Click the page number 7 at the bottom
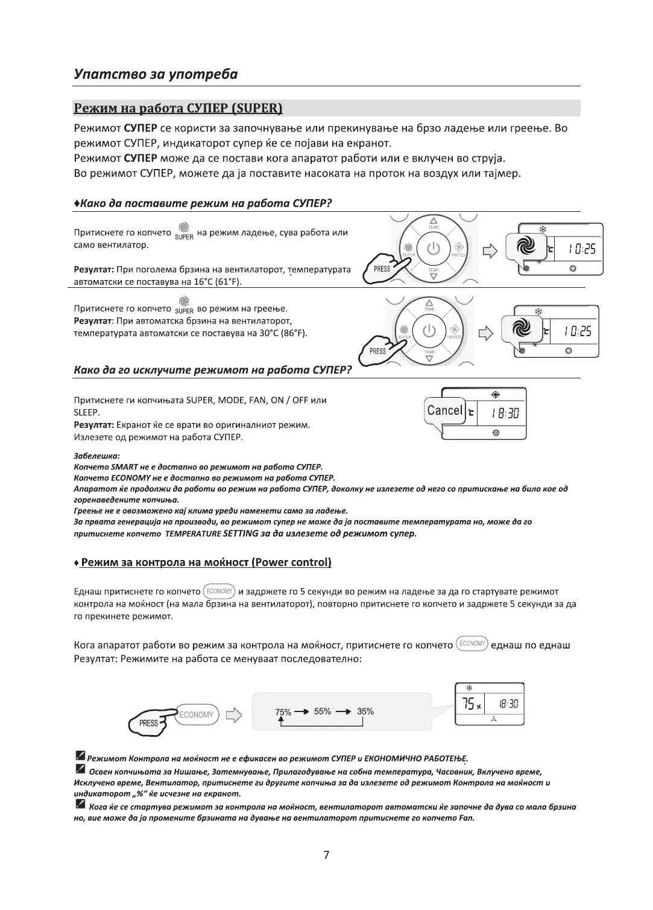click(326, 854)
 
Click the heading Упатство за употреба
click(156, 74)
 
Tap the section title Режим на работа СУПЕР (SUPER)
click(178, 109)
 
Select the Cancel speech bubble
click(445, 411)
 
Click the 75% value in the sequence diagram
click(283, 712)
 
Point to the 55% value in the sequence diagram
click(323, 711)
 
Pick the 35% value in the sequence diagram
click(365, 711)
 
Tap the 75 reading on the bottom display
click(468, 704)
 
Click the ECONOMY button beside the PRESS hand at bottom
click(196, 715)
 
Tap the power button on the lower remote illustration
click(429, 331)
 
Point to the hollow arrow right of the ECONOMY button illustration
click(233, 715)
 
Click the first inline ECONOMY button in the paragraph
click(219, 591)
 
